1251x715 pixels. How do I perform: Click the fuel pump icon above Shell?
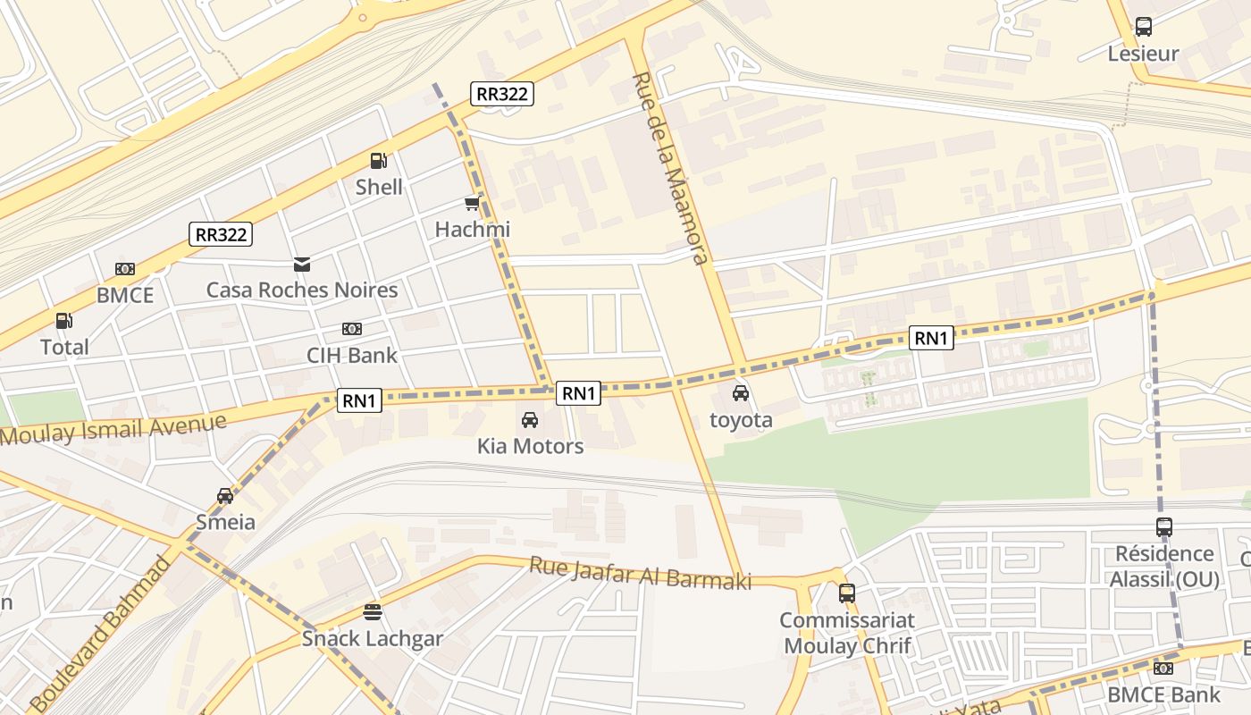(x=379, y=161)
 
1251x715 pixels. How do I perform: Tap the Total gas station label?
(x=64, y=347)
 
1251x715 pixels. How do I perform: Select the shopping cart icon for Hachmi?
(x=472, y=204)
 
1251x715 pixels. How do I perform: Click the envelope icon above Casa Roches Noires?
(x=302, y=265)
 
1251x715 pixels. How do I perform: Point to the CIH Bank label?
(x=352, y=355)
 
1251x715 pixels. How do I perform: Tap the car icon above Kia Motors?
(x=530, y=419)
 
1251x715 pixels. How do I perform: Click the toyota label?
(x=741, y=419)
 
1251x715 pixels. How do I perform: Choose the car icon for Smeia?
(x=225, y=496)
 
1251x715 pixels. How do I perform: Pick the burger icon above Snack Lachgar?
(x=373, y=612)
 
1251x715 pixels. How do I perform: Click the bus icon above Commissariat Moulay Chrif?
(x=846, y=593)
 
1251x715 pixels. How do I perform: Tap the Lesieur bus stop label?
(x=1143, y=54)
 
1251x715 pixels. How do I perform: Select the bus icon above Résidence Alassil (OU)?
(x=1164, y=527)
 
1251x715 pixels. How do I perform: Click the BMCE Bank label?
(x=1163, y=694)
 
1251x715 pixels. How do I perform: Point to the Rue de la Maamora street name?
(x=669, y=168)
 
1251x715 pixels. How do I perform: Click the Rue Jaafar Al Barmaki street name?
(x=640, y=572)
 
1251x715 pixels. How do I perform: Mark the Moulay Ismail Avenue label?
(x=113, y=428)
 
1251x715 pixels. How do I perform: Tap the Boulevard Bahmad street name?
(x=101, y=635)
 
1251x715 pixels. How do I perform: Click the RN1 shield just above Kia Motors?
(x=578, y=393)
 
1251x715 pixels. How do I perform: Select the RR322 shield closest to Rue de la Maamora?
(x=502, y=93)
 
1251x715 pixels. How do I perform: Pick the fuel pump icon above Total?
(x=64, y=321)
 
